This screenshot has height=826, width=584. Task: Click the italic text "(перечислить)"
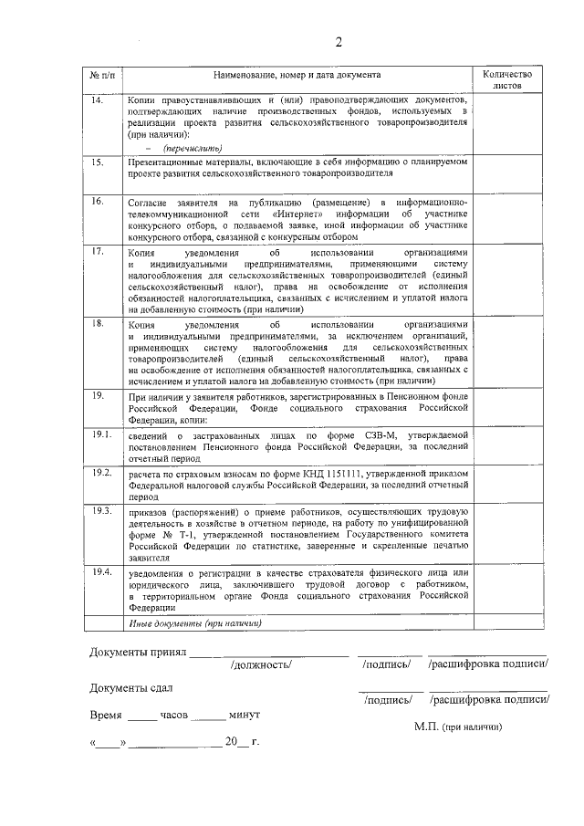(x=193, y=147)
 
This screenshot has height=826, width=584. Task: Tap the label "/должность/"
(x=262, y=664)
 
